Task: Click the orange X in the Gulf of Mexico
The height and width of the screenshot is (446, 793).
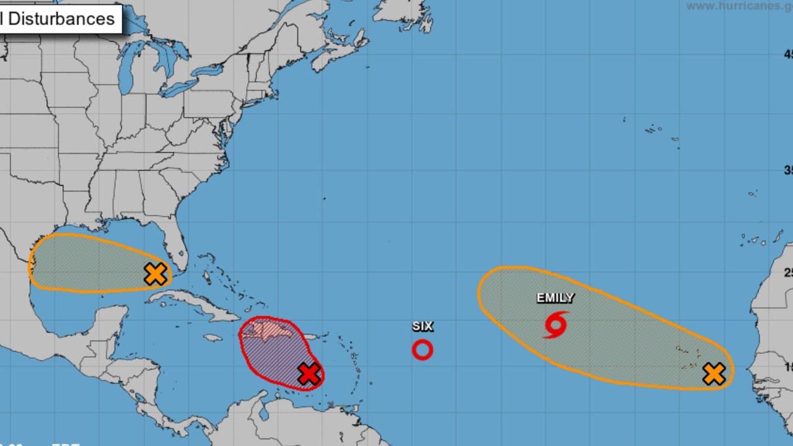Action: pos(156,273)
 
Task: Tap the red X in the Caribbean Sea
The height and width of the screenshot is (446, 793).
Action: pos(309,374)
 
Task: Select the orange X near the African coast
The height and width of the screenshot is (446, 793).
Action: pos(714,374)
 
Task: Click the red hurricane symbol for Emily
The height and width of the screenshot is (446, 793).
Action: pos(556,325)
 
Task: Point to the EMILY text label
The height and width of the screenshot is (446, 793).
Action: pos(555,298)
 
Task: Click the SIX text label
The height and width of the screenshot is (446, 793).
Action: pos(422,326)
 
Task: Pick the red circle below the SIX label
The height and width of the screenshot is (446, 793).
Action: pos(422,350)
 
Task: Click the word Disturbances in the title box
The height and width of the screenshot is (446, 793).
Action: pos(61,19)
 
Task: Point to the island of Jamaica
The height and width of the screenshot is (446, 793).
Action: pos(212,338)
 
